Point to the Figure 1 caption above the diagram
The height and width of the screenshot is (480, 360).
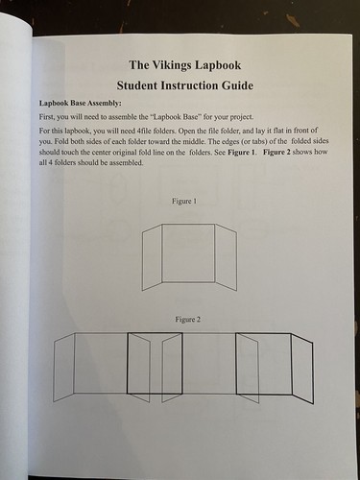click(184, 201)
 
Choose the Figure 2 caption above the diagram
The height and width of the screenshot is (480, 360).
click(184, 318)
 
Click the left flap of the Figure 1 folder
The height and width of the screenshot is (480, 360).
click(150, 257)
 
